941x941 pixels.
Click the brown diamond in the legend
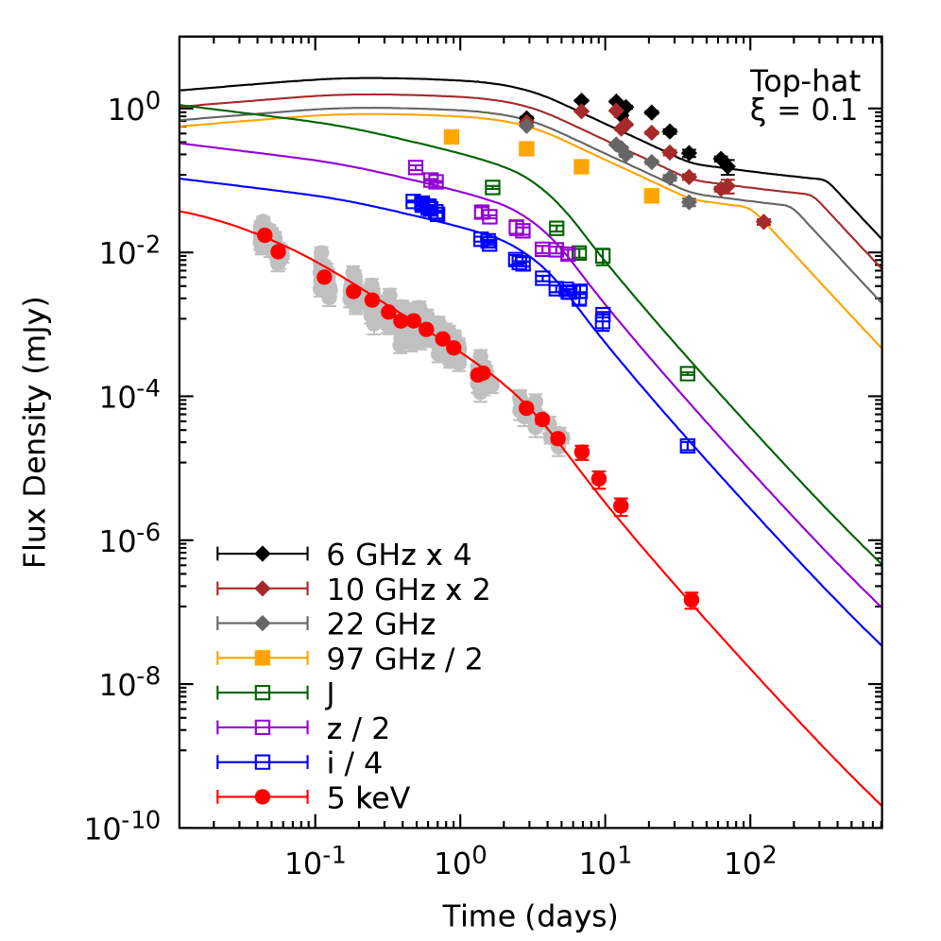[x=263, y=589]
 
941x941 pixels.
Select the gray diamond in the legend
[x=263, y=624]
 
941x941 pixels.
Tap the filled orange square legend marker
[x=263, y=658]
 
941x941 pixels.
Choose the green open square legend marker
[x=263, y=693]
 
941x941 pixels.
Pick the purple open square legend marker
[x=263, y=727]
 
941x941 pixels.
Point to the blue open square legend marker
[x=263, y=761]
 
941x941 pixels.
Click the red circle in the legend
[x=263, y=796]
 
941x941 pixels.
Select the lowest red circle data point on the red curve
[x=691, y=600]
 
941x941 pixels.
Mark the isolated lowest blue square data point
[x=687, y=446]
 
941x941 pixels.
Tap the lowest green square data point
[x=687, y=373]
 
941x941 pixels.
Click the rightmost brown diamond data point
[x=763, y=222]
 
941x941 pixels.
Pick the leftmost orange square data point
[x=452, y=136]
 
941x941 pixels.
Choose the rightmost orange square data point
[x=651, y=196]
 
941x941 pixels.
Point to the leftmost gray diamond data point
[x=526, y=125]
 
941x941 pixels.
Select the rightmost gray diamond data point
[x=689, y=201]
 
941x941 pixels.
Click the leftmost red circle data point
[x=265, y=235]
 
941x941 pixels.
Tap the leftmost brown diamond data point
[x=581, y=111]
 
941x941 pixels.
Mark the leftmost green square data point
[x=492, y=188]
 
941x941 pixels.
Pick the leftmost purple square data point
[x=416, y=168]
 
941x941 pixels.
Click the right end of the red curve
[x=880, y=804]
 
